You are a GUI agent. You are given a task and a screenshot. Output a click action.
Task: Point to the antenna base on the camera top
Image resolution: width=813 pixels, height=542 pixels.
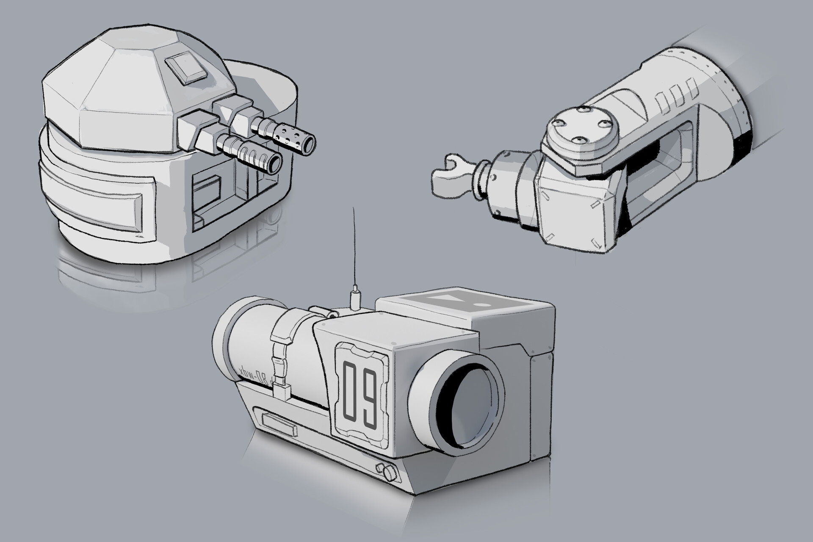[354, 299]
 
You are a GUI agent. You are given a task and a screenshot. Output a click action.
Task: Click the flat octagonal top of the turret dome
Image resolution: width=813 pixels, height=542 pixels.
[124, 70]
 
